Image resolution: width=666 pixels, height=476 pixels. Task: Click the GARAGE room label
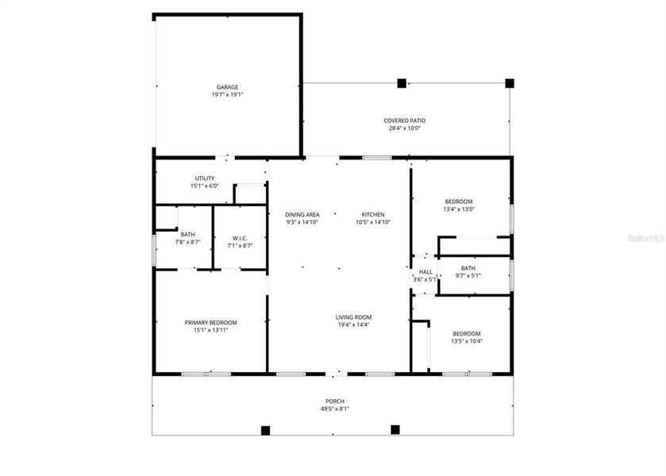coord(227,87)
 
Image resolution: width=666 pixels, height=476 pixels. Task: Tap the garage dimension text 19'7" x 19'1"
coord(227,94)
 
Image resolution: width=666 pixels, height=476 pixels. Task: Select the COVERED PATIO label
coord(405,121)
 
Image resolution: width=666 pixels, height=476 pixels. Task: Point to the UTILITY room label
coord(204,178)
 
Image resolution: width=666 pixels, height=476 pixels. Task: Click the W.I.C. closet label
coord(240,238)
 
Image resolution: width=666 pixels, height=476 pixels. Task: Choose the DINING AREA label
coord(302,215)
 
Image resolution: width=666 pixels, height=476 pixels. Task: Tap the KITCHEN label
coord(373,215)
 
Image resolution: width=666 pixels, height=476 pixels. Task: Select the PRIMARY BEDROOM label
coord(210,322)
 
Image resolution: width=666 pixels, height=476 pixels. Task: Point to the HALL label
coord(425,271)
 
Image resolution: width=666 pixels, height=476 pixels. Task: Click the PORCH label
coord(334,401)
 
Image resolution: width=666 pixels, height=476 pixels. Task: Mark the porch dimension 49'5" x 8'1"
coord(334,409)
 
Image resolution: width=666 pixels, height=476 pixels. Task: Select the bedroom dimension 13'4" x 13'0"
coord(459,209)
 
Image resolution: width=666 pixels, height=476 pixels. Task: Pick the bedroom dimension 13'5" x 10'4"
coord(467,341)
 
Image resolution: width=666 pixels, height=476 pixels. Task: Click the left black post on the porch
coord(266,431)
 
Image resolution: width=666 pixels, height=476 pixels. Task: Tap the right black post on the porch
coord(395,430)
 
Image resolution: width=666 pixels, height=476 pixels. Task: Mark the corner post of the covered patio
coord(510,83)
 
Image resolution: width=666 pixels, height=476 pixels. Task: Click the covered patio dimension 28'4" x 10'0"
coord(405,128)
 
